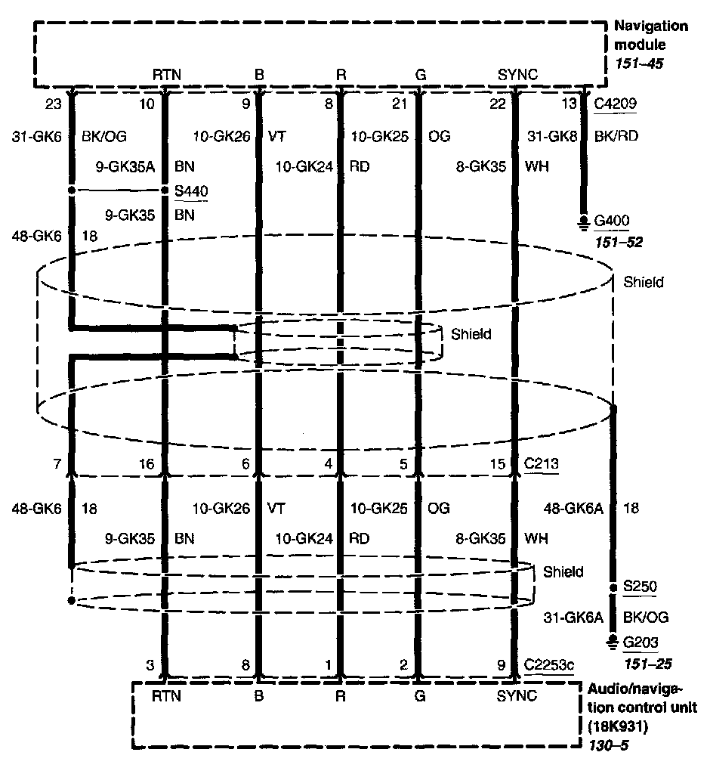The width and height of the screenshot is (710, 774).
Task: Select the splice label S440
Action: tap(190, 190)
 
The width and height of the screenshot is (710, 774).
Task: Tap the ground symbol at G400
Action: tap(582, 221)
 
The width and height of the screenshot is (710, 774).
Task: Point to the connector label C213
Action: tap(541, 464)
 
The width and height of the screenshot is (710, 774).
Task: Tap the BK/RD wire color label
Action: tap(612, 138)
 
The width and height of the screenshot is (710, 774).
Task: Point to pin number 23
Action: tap(54, 104)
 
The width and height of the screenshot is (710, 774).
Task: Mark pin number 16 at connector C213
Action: tap(147, 464)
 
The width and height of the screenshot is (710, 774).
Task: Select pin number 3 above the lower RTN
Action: tap(151, 665)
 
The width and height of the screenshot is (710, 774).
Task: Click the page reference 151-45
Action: tap(639, 63)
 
